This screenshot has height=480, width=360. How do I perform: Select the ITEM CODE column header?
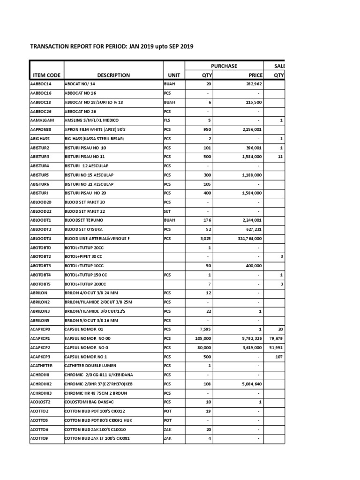pyautogui.click(x=46, y=75)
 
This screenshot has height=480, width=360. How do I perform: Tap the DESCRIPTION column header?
pyautogui.click(x=113, y=75)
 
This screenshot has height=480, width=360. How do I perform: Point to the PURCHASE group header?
pyautogui.click(x=224, y=66)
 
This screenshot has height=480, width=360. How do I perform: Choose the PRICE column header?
pyautogui.click(x=255, y=75)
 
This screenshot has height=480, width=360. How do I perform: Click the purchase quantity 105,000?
pyautogui.click(x=203, y=338)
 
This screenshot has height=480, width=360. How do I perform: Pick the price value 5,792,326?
pyautogui.click(x=250, y=338)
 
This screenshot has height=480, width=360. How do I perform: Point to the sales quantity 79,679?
pyautogui.click(x=276, y=338)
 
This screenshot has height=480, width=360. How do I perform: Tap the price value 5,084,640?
pyautogui.click(x=250, y=384)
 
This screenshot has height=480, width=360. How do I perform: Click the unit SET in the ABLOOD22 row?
pyautogui.click(x=167, y=211)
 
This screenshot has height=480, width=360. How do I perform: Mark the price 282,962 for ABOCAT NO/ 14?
pyautogui.click(x=252, y=84)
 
